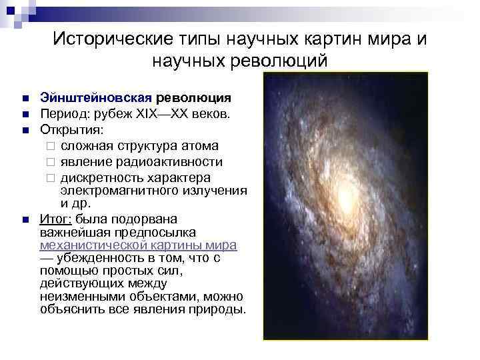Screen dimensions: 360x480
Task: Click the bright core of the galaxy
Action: coord(344,195)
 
